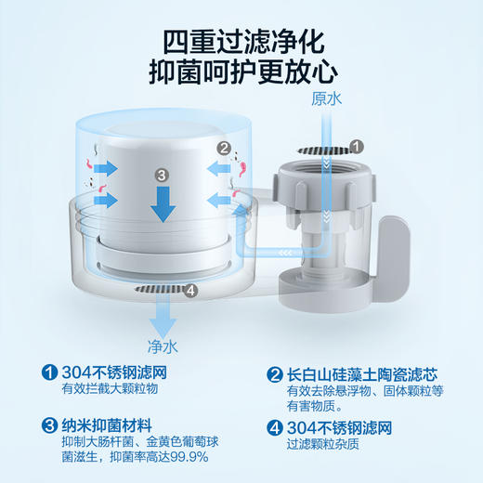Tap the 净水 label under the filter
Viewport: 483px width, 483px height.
pyautogui.click(x=164, y=346)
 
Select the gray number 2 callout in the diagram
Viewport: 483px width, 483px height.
pyautogui.click(x=223, y=147)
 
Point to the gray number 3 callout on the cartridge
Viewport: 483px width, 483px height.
pyautogui.click(x=161, y=174)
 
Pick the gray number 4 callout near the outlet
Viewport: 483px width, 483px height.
pyautogui.click(x=191, y=291)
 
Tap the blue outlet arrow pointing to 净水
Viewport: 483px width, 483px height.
pyautogui.click(x=163, y=320)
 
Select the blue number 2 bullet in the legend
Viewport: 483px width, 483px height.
pyautogui.click(x=274, y=374)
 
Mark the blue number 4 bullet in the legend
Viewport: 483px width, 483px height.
pyautogui.click(x=274, y=428)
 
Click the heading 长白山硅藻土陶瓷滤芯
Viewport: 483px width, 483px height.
pyautogui.click(x=367, y=374)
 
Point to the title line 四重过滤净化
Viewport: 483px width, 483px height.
pyautogui.click(x=242, y=41)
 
